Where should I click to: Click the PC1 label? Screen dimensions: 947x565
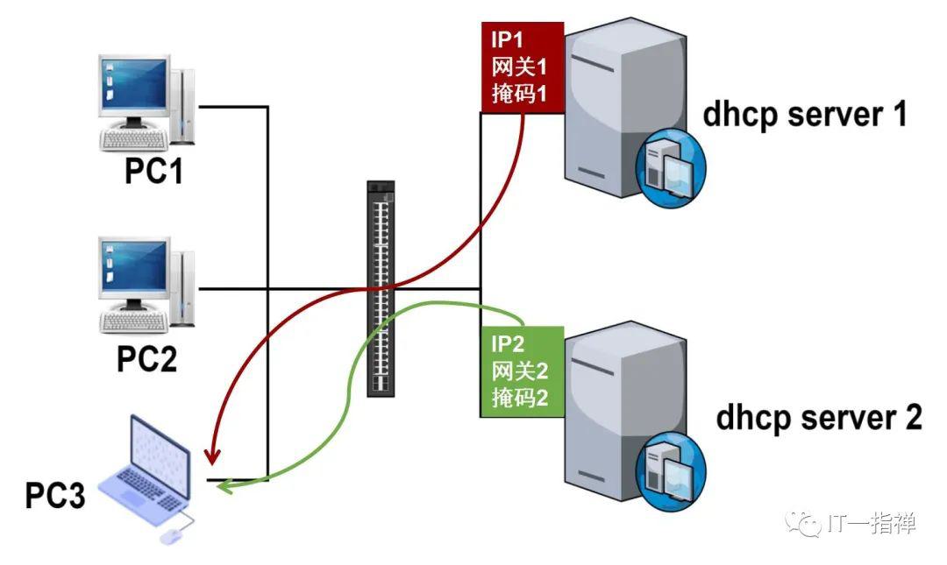tap(153, 170)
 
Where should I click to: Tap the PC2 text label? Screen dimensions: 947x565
tap(146, 358)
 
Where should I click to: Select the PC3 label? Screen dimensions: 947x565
tap(55, 495)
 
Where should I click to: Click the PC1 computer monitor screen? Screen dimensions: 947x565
tap(134, 83)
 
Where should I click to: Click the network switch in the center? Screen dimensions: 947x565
tap(381, 288)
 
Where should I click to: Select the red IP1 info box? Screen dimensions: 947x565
tap(523, 67)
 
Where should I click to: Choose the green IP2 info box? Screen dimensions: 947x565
tap(523, 371)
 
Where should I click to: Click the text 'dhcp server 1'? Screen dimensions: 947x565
tap(805, 116)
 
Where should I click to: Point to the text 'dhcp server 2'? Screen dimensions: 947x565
tap(819, 419)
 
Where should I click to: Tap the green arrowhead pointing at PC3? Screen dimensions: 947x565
tap(226, 485)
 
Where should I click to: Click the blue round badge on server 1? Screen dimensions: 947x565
tap(671, 168)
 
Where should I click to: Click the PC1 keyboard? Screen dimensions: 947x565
tap(133, 139)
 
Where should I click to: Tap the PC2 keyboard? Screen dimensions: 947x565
tap(133, 321)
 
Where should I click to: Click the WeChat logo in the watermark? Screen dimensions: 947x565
tap(803, 523)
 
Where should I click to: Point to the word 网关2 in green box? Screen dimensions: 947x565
tap(519, 371)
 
